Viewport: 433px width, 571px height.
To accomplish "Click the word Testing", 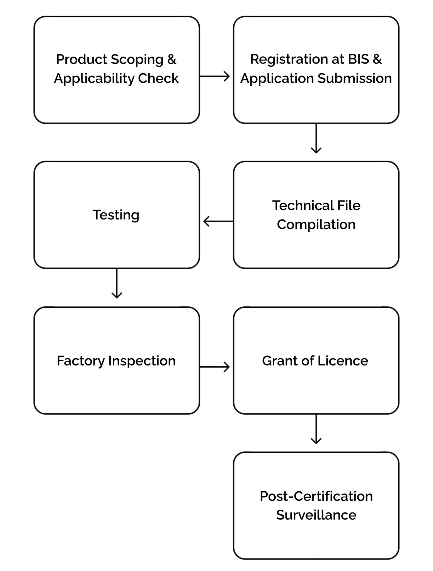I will tap(116, 215).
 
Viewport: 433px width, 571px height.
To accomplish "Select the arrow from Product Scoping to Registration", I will tap(214, 76).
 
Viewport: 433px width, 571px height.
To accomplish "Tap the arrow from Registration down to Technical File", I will tap(316, 139).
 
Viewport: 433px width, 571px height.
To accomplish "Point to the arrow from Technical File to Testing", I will tap(218, 221).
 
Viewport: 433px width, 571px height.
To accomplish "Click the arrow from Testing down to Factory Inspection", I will tap(117, 284).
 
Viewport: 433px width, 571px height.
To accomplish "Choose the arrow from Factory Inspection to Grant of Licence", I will tap(214, 367).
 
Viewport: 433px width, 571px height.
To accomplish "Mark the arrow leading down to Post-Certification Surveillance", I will tap(316, 429).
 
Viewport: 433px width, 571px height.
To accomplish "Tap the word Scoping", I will tap(137, 60).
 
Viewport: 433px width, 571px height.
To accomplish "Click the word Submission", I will tap(355, 78).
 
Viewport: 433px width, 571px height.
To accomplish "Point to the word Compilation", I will tap(316, 224).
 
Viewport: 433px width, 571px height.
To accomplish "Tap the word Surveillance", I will tap(316, 515).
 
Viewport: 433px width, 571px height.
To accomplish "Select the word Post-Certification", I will tap(316, 496).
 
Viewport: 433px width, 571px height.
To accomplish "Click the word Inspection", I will tap(142, 361).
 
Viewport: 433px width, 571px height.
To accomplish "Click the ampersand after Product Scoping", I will tap(172, 59).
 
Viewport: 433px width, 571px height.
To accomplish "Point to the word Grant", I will tap(279, 361).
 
